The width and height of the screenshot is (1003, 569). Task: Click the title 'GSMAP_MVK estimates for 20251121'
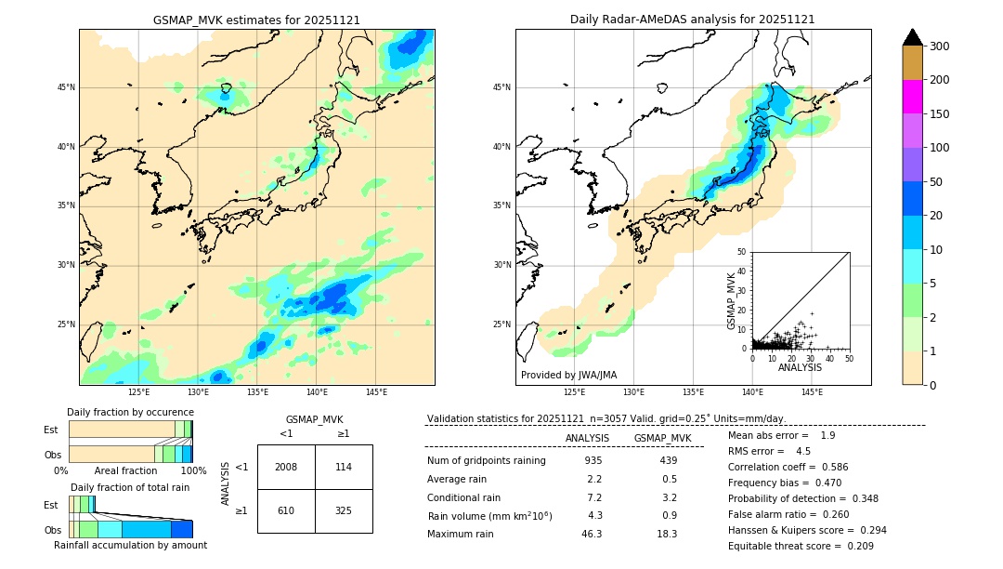coord(256,20)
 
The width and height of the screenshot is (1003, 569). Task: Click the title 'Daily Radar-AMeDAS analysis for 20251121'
coord(693,20)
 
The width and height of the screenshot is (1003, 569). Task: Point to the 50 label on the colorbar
coord(939,182)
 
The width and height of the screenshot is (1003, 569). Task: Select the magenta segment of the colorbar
coord(912,97)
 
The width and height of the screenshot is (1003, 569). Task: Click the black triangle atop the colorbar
coord(912,37)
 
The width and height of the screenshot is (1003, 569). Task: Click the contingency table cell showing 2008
coord(286,467)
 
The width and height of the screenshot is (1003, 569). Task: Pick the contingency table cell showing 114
coord(344,467)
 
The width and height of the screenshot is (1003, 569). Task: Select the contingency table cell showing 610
coord(286,510)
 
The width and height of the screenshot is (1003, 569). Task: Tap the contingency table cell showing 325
coord(344,510)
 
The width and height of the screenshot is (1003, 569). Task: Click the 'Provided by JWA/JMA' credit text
coord(568,376)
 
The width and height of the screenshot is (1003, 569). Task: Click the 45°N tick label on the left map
coord(66,87)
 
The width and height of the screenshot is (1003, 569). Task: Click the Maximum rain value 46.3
coord(592,534)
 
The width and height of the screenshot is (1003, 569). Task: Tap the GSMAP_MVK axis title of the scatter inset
coord(732,300)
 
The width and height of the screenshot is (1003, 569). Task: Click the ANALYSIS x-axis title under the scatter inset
coord(800,367)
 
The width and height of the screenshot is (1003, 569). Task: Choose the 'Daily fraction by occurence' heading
coord(129,412)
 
